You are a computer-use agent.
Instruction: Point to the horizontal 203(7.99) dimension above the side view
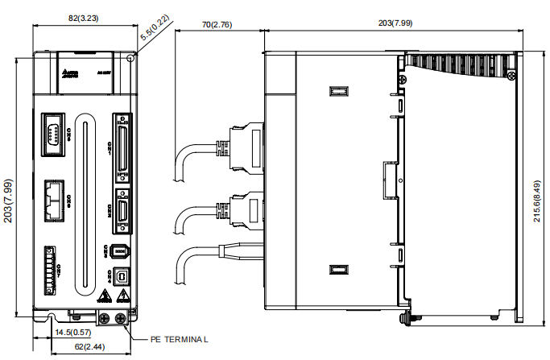(x=395, y=23)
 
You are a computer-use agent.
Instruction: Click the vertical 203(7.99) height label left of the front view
(x=8, y=184)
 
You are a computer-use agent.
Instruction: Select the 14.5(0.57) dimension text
(x=72, y=332)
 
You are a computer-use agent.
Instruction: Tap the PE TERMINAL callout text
(x=179, y=339)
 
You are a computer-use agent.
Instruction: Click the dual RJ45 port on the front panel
(x=55, y=198)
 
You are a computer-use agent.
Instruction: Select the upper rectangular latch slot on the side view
(x=338, y=91)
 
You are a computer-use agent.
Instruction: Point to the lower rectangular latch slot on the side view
(x=338, y=271)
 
